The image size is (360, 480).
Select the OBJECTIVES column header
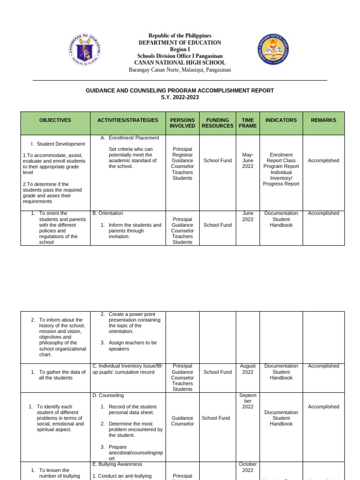[55, 120]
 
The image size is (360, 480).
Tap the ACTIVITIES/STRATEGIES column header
[127, 120]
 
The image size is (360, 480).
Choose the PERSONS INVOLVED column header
[182, 123]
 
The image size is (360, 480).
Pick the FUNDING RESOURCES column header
[217, 123]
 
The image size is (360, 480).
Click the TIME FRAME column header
[247, 123]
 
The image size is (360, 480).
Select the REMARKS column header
[323, 120]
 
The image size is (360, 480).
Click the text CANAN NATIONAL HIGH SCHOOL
[180, 63]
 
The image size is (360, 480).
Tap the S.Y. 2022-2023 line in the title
[180, 97]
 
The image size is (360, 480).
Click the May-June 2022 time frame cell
[247, 160]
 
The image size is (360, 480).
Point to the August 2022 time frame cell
[247, 369]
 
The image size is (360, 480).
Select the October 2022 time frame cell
[247, 467]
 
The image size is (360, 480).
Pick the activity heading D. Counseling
[108, 396]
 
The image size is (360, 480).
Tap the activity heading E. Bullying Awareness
[117, 464]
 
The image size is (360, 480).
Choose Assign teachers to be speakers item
[133, 345]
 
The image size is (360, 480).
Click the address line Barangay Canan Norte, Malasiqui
[180, 70]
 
